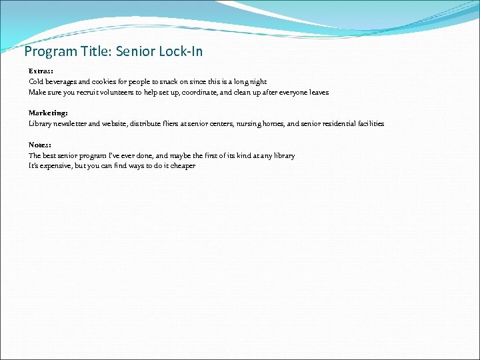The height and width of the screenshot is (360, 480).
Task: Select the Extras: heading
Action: coord(41,71)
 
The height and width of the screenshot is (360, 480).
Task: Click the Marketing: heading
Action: coord(48,113)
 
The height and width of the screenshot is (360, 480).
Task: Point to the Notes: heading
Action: coord(40,145)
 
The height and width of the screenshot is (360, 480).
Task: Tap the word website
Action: coord(113,124)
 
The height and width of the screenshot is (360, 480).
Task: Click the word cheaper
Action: coord(183,166)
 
